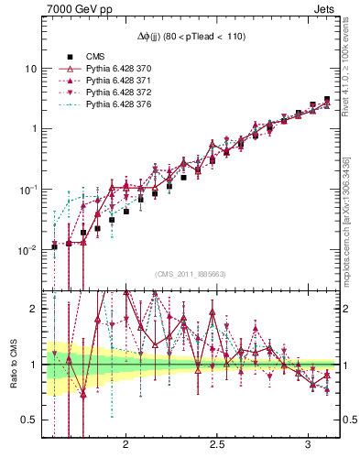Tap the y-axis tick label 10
pyautogui.click(x=31, y=69)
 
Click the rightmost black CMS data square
pyautogui.click(x=327, y=99)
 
